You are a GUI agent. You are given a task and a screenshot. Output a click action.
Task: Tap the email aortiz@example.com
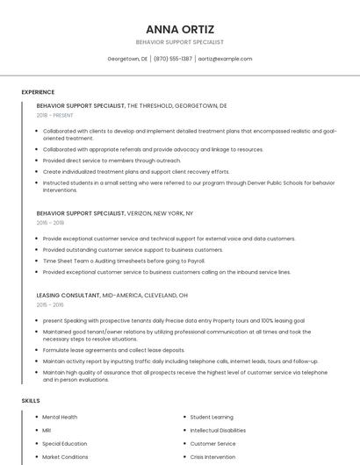[225, 59]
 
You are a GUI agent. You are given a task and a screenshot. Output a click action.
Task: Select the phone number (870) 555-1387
[172, 59]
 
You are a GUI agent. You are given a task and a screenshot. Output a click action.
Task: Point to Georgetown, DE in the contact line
[127, 59]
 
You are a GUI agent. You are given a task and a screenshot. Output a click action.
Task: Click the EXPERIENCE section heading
[38, 92]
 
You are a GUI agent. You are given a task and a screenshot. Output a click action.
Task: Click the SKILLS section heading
[31, 400]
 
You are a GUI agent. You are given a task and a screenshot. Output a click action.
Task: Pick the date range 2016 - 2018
[50, 223]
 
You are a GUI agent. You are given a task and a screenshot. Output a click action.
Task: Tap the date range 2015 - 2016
[50, 304]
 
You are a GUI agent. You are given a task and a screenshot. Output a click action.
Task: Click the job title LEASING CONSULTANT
[68, 295]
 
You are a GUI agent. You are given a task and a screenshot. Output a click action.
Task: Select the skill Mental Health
[60, 417]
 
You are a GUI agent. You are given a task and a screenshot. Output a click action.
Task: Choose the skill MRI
[47, 430]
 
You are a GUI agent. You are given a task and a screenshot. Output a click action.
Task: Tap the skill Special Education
[64, 443]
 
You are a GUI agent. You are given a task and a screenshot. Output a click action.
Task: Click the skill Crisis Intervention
[214, 456]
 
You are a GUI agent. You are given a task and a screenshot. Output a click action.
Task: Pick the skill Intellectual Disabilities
[218, 430]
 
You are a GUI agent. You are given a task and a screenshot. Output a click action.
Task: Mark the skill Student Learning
[212, 417]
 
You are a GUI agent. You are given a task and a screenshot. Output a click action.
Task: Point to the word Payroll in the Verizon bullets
[195, 261]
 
